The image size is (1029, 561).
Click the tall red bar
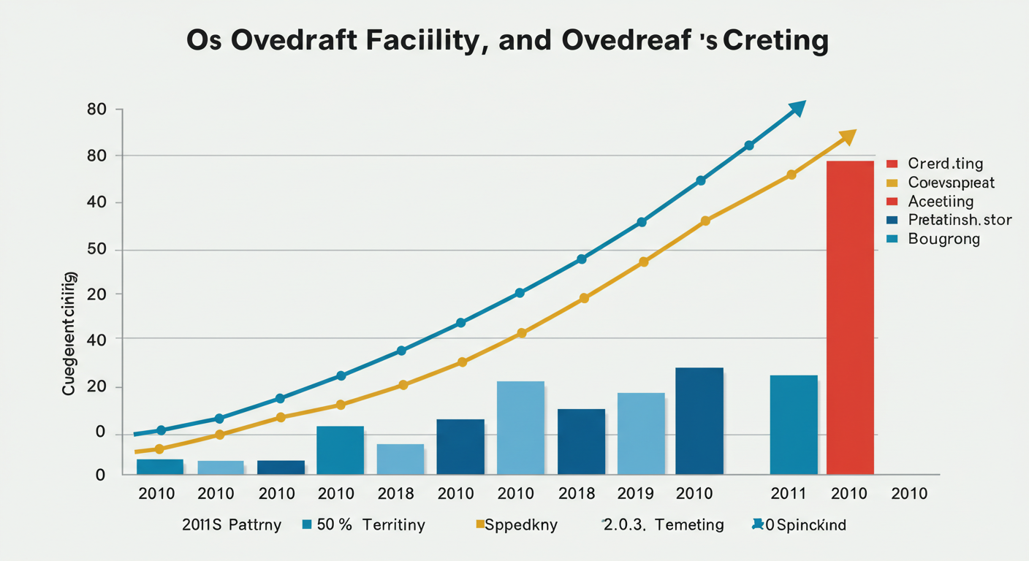pyautogui.click(x=850, y=317)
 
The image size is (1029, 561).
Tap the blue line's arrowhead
pyautogui.click(x=797, y=109)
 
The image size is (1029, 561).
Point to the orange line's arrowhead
pyautogui.click(x=848, y=137)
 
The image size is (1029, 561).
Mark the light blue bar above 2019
pyautogui.click(x=641, y=433)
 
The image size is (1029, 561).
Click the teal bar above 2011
pyautogui.click(x=794, y=424)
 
